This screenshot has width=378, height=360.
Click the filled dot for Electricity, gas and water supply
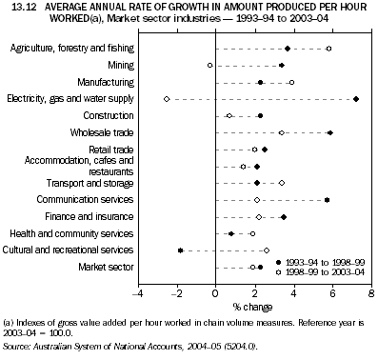pyautogui.click(x=355, y=99)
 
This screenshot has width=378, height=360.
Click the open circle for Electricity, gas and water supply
pyautogui.click(x=167, y=99)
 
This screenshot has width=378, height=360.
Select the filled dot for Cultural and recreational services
pyautogui.click(x=181, y=250)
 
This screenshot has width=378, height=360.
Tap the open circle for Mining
pyautogui.click(x=210, y=65)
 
